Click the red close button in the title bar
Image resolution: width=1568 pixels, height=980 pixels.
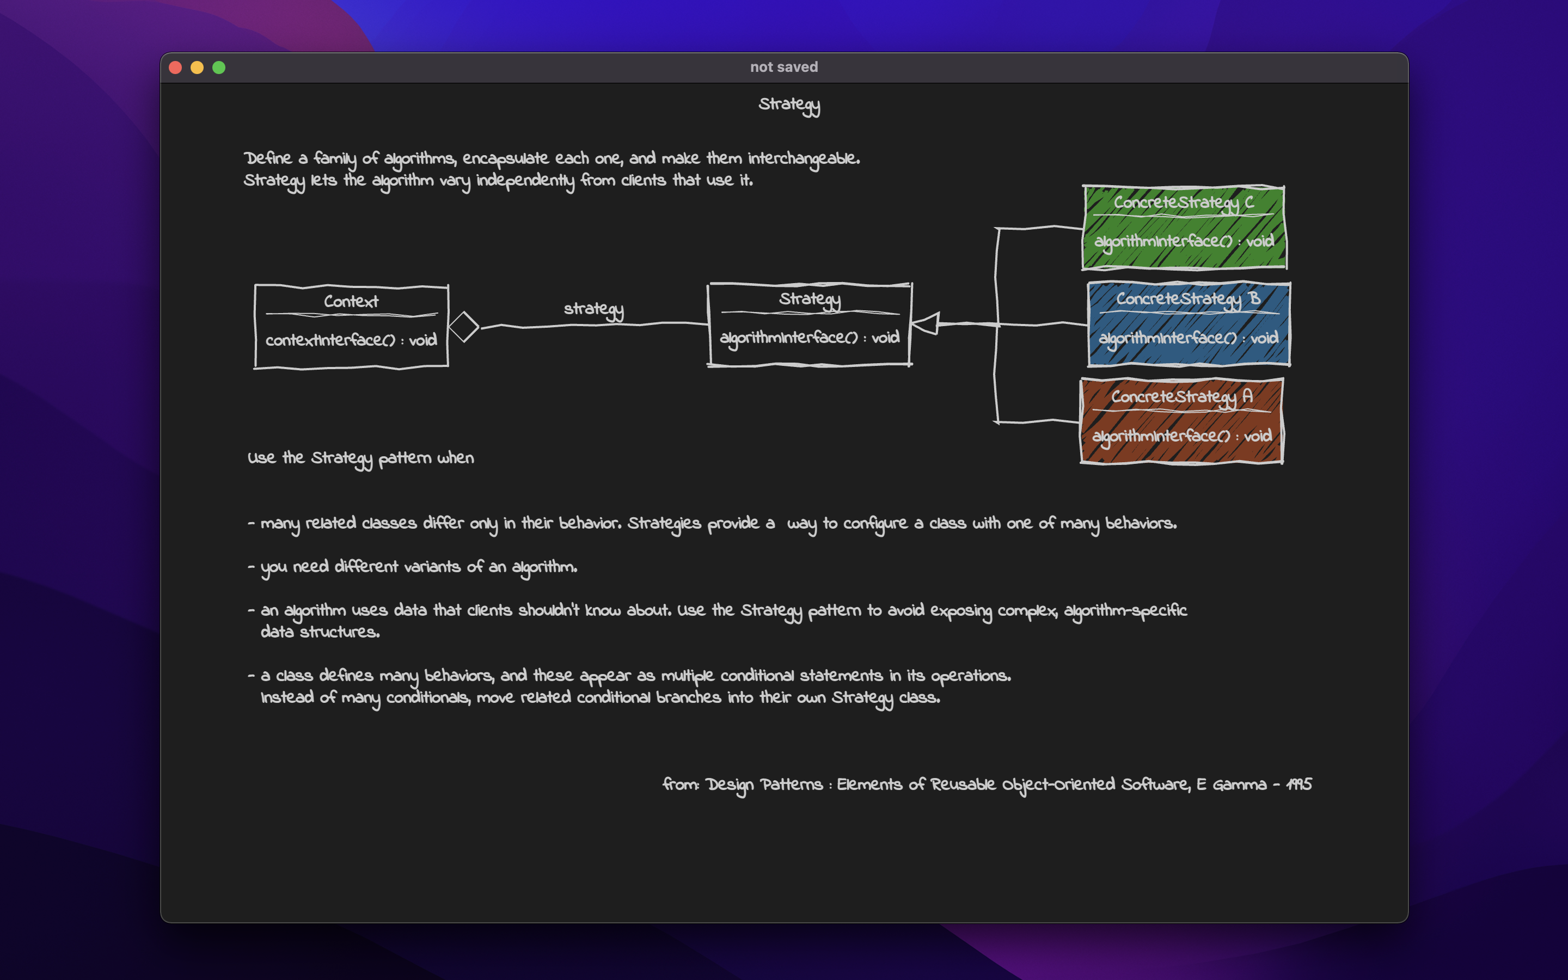tap(175, 68)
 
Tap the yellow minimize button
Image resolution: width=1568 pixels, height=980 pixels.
tap(197, 68)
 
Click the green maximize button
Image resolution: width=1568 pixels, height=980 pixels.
tap(219, 68)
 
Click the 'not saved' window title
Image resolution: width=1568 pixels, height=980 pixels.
tap(784, 67)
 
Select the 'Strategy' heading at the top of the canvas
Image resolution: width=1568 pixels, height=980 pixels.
tap(789, 105)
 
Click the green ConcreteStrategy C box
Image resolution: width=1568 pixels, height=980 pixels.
tap(1184, 228)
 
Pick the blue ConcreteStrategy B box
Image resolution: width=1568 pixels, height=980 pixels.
tap(1189, 324)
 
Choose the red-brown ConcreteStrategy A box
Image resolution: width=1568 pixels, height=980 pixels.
tap(1181, 421)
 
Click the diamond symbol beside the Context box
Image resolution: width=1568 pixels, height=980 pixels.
tap(464, 326)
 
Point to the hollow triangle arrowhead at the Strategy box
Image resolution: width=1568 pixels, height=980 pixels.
tap(926, 323)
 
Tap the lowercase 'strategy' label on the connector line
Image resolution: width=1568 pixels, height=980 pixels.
tap(593, 309)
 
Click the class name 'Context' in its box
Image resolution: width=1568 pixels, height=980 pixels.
tap(351, 302)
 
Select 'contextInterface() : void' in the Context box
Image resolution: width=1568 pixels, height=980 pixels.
tap(351, 340)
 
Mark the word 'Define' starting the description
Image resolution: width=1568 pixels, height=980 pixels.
tap(268, 158)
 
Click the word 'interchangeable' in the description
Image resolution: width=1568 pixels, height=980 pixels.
tap(804, 159)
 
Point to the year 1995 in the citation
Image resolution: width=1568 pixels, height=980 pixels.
tap(1299, 784)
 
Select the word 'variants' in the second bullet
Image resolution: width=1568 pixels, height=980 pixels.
tap(432, 567)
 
